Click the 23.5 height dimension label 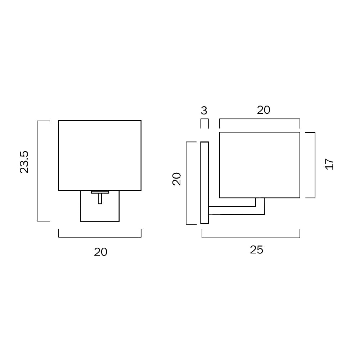24,162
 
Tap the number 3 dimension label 204,111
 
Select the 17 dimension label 329,164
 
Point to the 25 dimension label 257,249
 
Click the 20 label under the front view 101,252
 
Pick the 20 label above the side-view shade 264,110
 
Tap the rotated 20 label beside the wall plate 176,179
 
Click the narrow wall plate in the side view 204,183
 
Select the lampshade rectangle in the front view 100,156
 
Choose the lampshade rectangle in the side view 260,165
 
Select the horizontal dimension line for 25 251,238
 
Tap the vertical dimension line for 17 315,165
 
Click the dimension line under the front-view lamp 100,237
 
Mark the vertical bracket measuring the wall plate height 186,183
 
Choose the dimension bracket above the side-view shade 260,119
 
